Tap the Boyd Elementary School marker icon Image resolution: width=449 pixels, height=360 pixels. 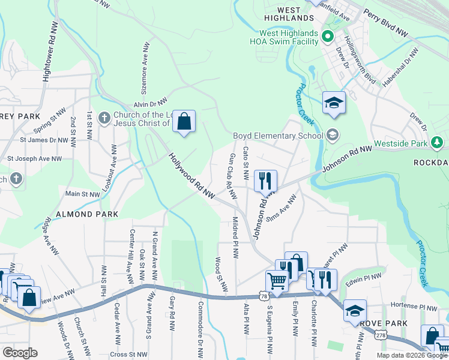tap(333, 135)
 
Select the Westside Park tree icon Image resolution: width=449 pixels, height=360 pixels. tap(438, 143)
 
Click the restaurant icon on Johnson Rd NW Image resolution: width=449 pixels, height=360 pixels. tap(265, 180)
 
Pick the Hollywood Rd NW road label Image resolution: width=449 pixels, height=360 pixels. tap(191, 176)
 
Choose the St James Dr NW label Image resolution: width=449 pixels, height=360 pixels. tap(44, 140)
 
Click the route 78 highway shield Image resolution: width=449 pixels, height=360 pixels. tap(264, 295)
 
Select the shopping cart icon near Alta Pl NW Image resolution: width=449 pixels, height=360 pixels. tap(277, 280)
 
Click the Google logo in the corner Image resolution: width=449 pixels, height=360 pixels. tap(19, 352)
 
